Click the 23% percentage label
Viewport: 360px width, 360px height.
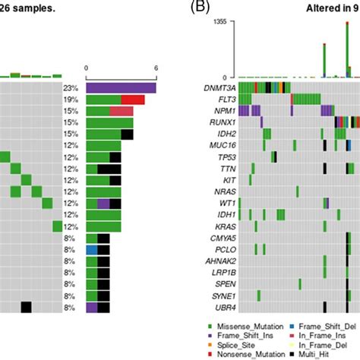point(72,88)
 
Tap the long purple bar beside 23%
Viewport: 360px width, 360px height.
point(121,88)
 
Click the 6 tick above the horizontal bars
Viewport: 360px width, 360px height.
point(156,68)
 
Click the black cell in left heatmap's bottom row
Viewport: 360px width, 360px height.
point(26,307)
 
